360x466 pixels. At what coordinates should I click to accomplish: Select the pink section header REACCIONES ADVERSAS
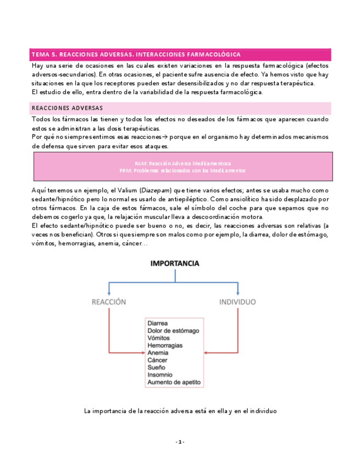click(67, 108)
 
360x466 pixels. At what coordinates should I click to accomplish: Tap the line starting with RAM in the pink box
click(182, 164)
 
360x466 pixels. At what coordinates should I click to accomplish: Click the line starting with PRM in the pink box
click(182, 171)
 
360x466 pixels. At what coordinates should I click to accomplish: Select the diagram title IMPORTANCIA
click(175, 264)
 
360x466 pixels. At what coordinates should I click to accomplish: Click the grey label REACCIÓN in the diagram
click(109, 302)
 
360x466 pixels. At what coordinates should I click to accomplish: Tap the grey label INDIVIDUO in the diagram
click(237, 302)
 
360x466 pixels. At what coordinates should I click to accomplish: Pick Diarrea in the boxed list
click(158, 324)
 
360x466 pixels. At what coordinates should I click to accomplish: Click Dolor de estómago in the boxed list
click(173, 331)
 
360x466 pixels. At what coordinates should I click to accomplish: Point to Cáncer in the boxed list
click(158, 360)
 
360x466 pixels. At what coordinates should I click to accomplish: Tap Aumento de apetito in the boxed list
click(174, 382)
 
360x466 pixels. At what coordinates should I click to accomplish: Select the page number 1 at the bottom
click(180, 442)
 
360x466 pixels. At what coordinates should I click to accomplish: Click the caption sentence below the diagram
click(180, 410)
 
